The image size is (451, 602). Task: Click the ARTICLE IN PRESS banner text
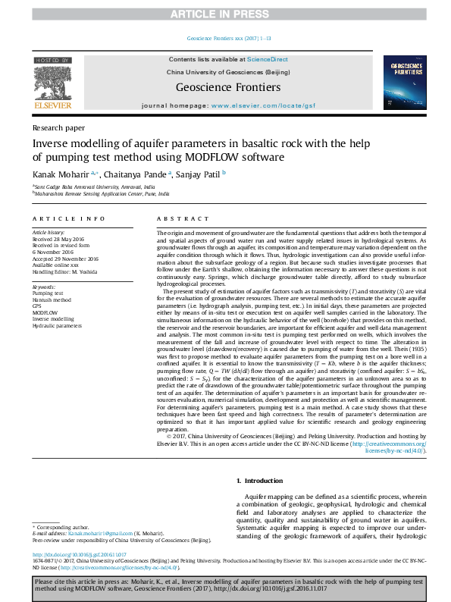pyautogui.click(x=225, y=14)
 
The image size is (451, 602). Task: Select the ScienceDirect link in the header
pyautogui.click(x=268, y=58)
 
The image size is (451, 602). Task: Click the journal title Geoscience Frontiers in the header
pyautogui.click(x=225, y=87)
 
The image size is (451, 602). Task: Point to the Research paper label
pyautogui.click(x=59, y=128)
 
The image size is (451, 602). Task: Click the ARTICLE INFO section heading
pyautogui.click(x=68, y=218)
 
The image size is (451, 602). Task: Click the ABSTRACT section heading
pyautogui.click(x=177, y=218)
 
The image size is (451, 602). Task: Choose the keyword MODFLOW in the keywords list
pyautogui.click(x=45, y=312)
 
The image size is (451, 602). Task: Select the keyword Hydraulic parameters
pyautogui.click(x=57, y=325)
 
